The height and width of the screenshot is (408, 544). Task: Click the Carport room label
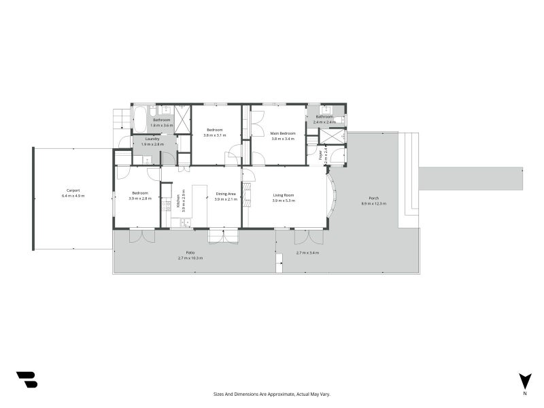73,190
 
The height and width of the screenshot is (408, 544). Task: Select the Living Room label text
283,195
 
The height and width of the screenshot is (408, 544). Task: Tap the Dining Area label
226,194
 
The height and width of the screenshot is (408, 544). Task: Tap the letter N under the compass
524,394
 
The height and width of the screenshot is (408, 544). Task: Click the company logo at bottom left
27,379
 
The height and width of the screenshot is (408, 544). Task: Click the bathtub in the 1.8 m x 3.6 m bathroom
139,118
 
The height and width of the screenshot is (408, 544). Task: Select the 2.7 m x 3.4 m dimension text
307,253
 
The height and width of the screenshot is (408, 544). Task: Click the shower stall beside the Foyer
333,136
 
